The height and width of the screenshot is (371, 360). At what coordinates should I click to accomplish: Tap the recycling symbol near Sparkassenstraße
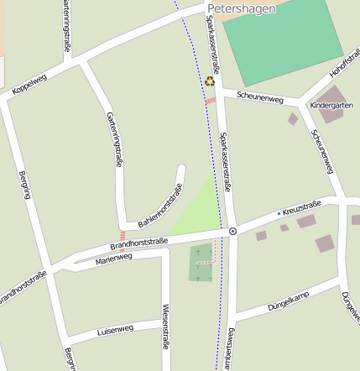click(x=210, y=81)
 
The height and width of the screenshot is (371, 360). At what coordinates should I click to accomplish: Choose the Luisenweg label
click(x=116, y=327)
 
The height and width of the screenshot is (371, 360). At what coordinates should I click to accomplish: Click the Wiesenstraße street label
click(x=166, y=326)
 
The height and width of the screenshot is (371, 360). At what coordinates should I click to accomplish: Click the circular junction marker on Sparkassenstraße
click(x=232, y=230)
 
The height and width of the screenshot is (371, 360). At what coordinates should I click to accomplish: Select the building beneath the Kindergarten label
click(x=331, y=117)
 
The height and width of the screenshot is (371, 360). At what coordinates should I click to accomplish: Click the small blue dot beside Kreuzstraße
click(x=279, y=213)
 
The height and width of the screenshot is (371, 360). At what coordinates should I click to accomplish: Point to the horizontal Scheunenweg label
click(x=260, y=97)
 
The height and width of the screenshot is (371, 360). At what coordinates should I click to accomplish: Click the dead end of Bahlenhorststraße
click(x=180, y=168)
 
